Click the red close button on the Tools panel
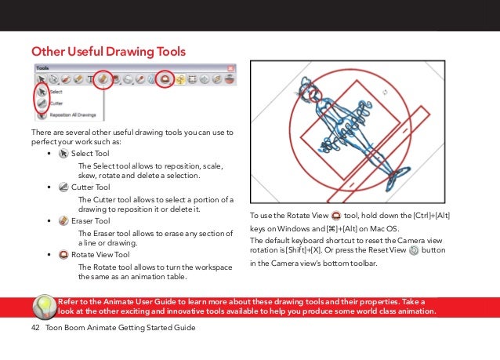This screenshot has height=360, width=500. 229,78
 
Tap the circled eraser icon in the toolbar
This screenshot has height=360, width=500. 103,78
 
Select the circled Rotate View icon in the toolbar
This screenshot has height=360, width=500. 165,78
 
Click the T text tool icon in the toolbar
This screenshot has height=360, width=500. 90,78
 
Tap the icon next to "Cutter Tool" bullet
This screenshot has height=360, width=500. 63,187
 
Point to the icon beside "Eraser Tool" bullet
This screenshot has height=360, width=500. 63,221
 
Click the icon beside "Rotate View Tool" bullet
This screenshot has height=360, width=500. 63,255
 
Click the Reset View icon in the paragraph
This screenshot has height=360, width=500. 414,249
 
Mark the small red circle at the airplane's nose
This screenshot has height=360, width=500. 314,94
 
